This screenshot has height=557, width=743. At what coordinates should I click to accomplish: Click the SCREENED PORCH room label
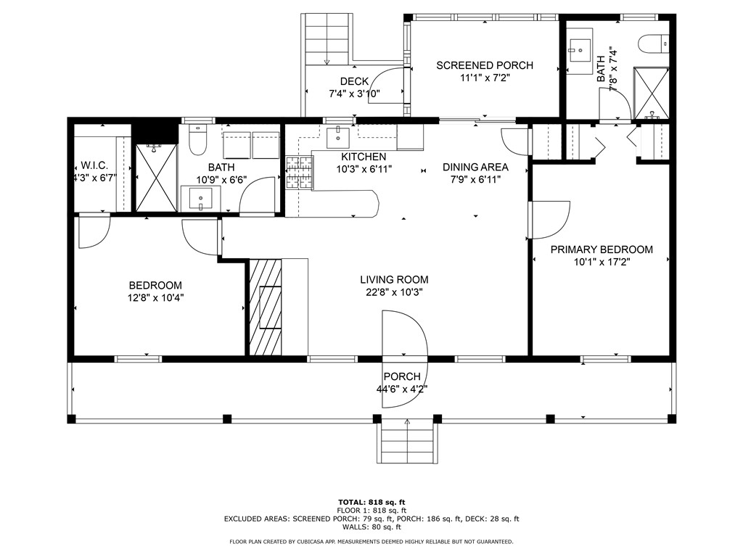coord(484,65)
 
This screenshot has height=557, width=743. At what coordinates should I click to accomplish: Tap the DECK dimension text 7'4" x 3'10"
coord(354,94)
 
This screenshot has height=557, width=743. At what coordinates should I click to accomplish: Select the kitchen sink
coord(338,134)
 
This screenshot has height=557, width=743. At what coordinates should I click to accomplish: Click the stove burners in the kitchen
coord(300,173)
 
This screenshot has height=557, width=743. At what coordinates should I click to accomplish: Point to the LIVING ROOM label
coord(394,280)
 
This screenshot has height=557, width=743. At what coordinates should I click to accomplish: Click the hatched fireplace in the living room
coord(266,307)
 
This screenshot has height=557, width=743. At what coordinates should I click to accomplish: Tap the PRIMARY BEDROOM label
coord(602,249)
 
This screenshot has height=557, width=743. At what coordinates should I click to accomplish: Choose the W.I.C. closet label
coord(94,166)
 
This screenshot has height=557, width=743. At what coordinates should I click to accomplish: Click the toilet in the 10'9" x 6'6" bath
coord(197,140)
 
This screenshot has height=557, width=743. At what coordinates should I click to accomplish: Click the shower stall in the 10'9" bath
coord(157,178)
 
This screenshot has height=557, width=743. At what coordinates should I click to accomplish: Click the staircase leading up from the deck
coord(328,39)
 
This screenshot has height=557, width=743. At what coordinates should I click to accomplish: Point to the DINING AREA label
coord(475,168)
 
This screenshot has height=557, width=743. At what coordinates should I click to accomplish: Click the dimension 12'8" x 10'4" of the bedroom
coord(155,298)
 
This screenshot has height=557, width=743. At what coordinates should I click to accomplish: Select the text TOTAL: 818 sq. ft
coord(371,502)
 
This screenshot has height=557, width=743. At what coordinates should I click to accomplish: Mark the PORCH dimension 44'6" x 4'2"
coord(402,389)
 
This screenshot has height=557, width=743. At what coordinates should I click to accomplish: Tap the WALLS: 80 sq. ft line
coord(371,527)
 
